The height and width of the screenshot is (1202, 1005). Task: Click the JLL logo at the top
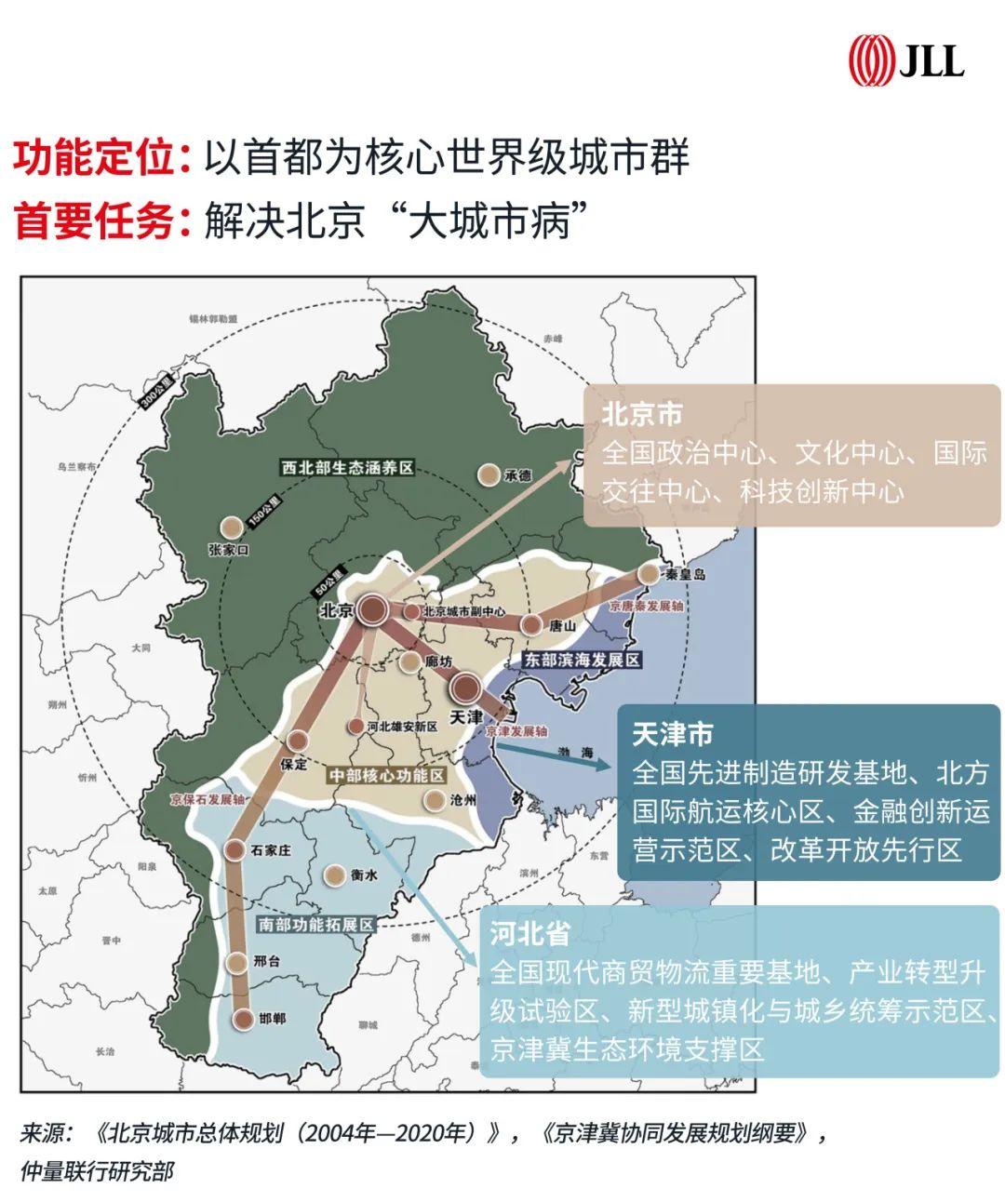pyautogui.click(x=904, y=61)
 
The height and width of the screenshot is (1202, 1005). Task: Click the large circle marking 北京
pyautogui.click(x=374, y=610)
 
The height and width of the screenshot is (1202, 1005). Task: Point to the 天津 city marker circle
pyautogui.click(x=465, y=688)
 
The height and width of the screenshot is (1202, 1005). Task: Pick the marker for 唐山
pyautogui.click(x=530, y=624)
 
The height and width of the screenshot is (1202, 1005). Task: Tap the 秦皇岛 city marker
pyautogui.click(x=648, y=575)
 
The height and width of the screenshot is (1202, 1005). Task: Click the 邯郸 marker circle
pyautogui.click(x=244, y=1019)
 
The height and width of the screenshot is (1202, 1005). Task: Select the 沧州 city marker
pyautogui.click(x=434, y=799)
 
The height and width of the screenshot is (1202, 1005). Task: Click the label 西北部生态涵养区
pyautogui.click(x=348, y=467)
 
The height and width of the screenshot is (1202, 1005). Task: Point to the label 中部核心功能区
pyautogui.click(x=387, y=775)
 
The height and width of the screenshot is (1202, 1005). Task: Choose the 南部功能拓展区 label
pyautogui.click(x=315, y=925)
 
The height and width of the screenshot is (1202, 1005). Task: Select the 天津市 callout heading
pyautogui.click(x=672, y=734)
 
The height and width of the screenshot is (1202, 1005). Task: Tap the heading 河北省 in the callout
pyautogui.click(x=529, y=934)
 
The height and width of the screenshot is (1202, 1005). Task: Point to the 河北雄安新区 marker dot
pyautogui.click(x=355, y=726)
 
